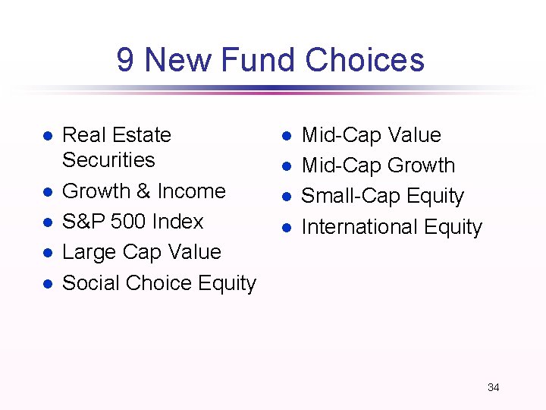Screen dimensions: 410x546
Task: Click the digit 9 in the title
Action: click(x=126, y=60)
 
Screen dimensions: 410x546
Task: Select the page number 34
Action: click(x=493, y=387)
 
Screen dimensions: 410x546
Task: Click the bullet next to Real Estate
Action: click(x=46, y=136)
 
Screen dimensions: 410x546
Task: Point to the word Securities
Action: click(x=108, y=160)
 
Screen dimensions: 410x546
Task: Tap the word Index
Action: click(x=177, y=222)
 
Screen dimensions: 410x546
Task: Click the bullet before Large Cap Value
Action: click(x=46, y=253)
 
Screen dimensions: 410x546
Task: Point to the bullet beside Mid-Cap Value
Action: click(x=287, y=136)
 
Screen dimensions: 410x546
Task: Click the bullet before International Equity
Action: click(x=287, y=228)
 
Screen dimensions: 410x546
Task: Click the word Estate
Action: click(x=143, y=135)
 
